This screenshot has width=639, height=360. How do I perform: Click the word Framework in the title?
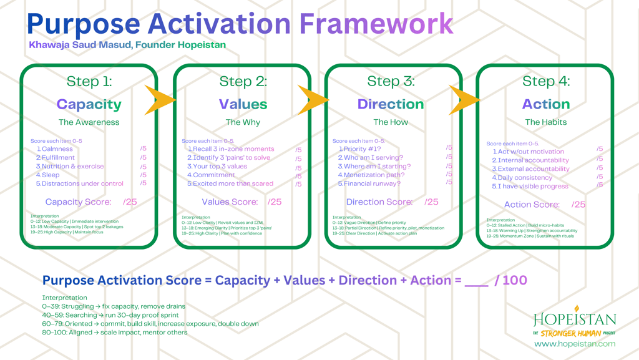376,24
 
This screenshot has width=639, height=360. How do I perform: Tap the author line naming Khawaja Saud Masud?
127,45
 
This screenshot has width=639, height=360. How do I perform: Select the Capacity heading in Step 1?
89,104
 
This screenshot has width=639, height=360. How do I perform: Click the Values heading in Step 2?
243,104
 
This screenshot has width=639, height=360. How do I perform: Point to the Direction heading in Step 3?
391,104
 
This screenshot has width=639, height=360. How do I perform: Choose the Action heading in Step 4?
546,104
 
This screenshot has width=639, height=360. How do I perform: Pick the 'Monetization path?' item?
371,175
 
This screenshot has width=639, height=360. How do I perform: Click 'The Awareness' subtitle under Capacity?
89,122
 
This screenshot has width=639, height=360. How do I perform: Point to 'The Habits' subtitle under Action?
546,122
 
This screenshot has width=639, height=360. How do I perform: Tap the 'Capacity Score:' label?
79,202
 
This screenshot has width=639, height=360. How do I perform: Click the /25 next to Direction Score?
431,202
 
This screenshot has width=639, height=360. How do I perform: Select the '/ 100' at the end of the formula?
510,280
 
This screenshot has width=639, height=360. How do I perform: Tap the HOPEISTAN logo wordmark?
575,319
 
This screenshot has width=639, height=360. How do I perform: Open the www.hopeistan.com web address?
575,344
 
